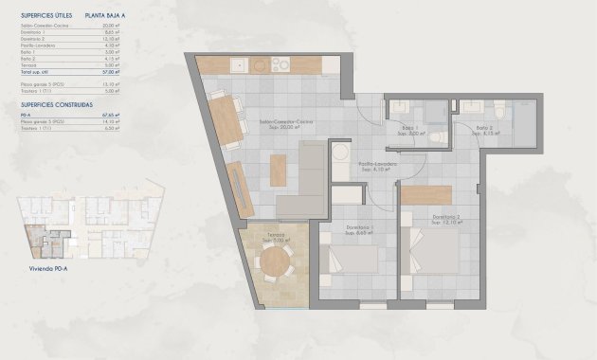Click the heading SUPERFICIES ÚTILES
tap(45, 15)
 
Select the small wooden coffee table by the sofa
tap(278, 170)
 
